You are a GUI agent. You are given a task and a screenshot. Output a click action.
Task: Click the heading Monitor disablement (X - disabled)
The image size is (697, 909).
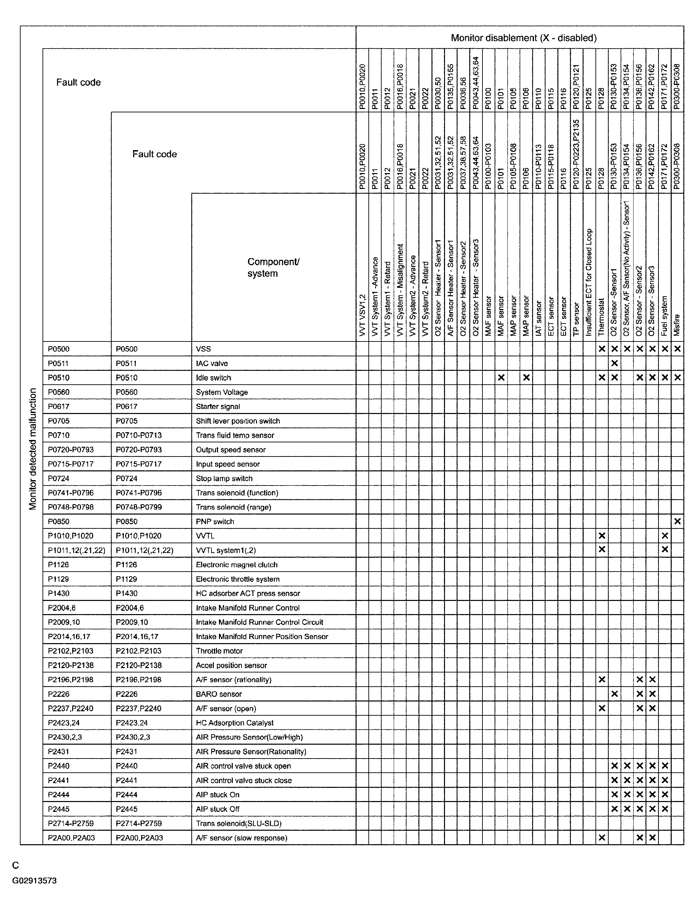pyautogui.click(x=523, y=38)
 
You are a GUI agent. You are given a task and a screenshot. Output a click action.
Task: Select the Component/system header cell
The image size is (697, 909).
pyautogui.click(x=273, y=268)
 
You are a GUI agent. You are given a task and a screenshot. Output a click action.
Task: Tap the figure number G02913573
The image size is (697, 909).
pyautogui.click(x=34, y=880)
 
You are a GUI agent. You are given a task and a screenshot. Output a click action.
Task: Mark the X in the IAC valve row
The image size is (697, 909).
pyautogui.click(x=614, y=363)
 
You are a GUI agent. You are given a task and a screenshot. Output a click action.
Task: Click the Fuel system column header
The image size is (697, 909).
pyautogui.click(x=665, y=315)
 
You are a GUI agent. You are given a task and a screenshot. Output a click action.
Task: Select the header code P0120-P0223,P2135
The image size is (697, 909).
pyautogui.click(x=576, y=154)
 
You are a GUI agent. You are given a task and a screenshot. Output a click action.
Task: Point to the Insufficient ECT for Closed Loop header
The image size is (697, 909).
pyautogui.click(x=589, y=282)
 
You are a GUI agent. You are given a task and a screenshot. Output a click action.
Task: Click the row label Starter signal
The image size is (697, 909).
pyautogui.click(x=218, y=407)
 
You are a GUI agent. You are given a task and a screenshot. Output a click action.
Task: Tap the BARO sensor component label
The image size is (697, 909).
pyautogui.click(x=219, y=694)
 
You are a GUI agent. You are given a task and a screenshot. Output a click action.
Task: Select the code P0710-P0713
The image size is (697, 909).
pyautogui.click(x=139, y=435)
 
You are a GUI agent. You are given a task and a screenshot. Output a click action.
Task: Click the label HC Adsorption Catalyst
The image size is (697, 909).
pyautogui.click(x=234, y=723)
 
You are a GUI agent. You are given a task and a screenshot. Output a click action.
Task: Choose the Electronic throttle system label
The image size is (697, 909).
pyautogui.click(x=237, y=579)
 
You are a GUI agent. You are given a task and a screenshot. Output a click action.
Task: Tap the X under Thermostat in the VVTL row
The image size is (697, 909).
pyautogui.click(x=602, y=535)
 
